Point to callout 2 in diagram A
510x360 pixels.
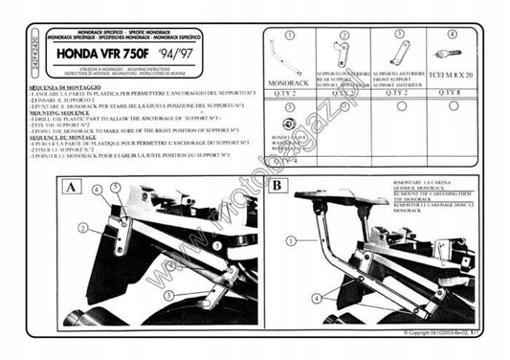tap(83, 227)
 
